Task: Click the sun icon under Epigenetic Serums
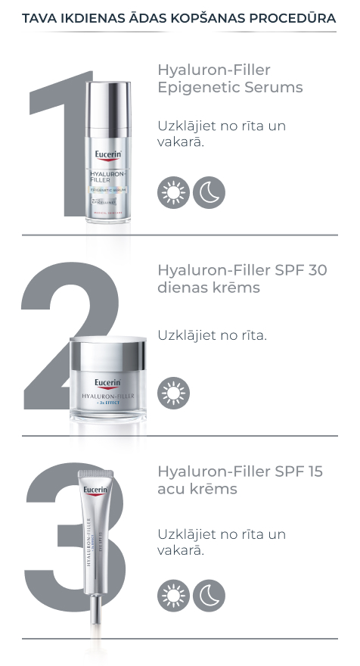point(173,192)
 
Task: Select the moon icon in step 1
point(209,192)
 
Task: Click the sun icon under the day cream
point(173,394)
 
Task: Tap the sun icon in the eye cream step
point(173,596)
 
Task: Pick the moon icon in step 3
point(209,596)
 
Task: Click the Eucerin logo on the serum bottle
point(108,158)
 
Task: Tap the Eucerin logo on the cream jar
point(108,382)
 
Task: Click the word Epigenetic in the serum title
point(192,88)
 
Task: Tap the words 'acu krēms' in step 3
point(197,490)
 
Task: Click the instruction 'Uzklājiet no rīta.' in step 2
point(212,335)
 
